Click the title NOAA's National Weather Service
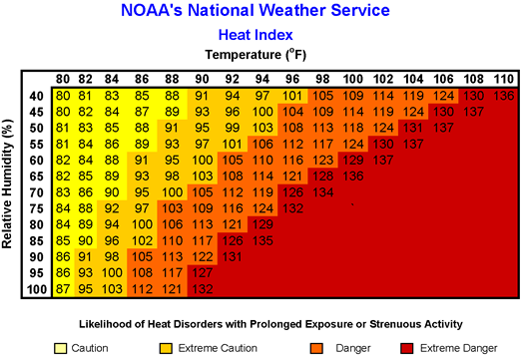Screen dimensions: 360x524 pyautogui.click(x=262, y=12)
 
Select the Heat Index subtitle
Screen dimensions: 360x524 pyautogui.click(x=262, y=34)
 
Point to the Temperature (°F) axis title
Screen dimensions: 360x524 pyautogui.click(x=262, y=54)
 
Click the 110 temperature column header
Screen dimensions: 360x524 pyautogui.click(x=502, y=80)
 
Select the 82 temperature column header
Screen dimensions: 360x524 pyautogui.click(x=87, y=80)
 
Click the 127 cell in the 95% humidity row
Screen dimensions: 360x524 pyautogui.click(x=203, y=272)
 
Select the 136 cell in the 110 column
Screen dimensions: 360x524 pyautogui.click(x=502, y=95)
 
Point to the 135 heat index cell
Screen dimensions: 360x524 pyautogui.click(x=264, y=239)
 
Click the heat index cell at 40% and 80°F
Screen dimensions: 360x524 pyautogui.click(x=63, y=95)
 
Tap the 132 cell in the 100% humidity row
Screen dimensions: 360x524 pyautogui.click(x=203, y=289)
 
